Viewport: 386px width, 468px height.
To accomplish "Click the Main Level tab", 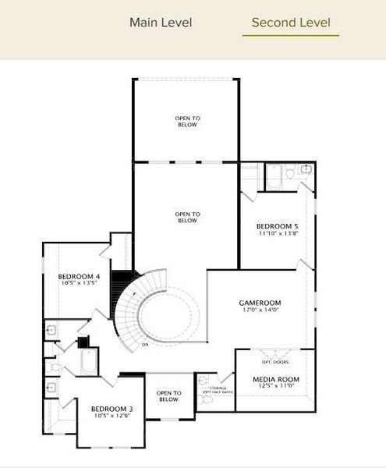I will pyautogui.click(x=161, y=23).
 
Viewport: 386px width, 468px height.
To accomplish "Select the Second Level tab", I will pyautogui.click(x=291, y=23).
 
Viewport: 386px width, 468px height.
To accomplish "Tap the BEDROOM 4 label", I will pyautogui.click(x=79, y=276).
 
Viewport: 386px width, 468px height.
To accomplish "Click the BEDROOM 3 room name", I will pyautogui.click(x=112, y=409).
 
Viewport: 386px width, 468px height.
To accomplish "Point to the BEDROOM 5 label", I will pyautogui.click(x=278, y=225).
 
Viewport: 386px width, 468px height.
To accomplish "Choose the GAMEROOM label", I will pyautogui.click(x=260, y=303).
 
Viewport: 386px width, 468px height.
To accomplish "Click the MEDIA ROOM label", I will pyautogui.click(x=275, y=379).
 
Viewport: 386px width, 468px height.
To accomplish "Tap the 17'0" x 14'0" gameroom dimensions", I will pyautogui.click(x=260, y=310).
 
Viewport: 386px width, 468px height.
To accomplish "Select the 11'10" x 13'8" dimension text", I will pyautogui.click(x=278, y=232).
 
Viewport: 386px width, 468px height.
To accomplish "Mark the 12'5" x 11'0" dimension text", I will pyautogui.click(x=275, y=387).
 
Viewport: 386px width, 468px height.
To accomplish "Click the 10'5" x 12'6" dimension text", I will pyautogui.click(x=112, y=417).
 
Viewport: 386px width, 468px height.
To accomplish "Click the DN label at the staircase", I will pyautogui.click(x=145, y=344).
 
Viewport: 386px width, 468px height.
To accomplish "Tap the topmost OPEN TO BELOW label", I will pyautogui.click(x=186, y=121).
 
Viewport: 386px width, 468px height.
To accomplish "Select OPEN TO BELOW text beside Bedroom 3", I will pyautogui.click(x=168, y=395).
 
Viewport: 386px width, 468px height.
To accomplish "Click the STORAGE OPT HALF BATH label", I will pyautogui.click(x=218, y=389).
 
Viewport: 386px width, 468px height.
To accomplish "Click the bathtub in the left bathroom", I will pyautogui.click(x=88, y=362).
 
